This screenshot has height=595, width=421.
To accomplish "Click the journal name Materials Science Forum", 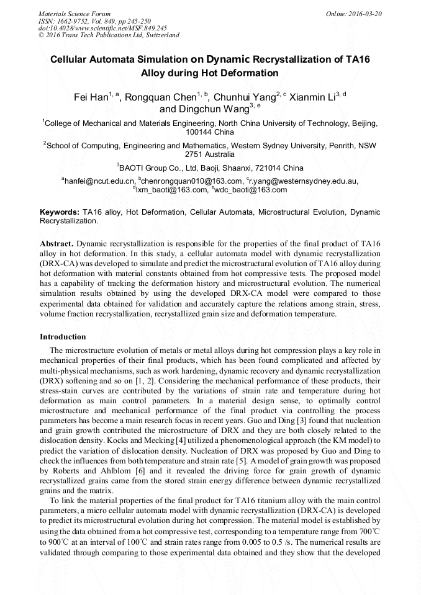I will [x=75, y=14].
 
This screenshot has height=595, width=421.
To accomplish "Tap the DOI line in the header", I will [x=102, y=28].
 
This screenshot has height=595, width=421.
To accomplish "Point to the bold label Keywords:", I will [x=59, y=212].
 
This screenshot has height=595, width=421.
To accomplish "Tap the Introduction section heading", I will [x=63, y=337].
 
